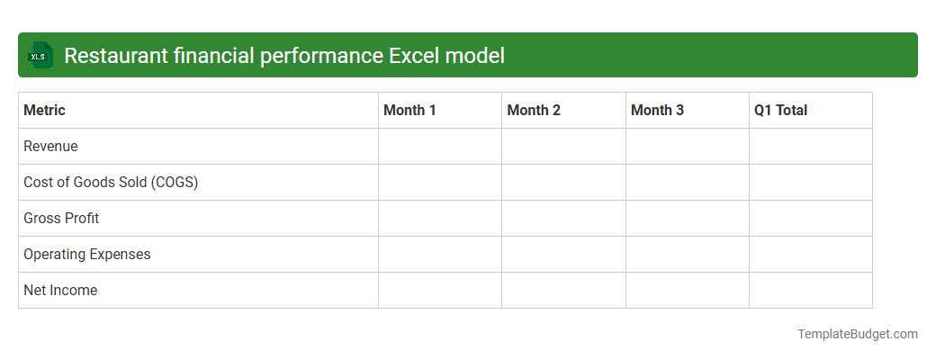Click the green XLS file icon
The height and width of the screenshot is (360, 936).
pyautogui.click(x=40, y=56)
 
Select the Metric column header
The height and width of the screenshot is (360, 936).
pyautogui.click(x=44, y=111)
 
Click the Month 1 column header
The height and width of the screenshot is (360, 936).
pyautogui.click(x=409, y=111)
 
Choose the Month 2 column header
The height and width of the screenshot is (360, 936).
pyautogui.click(x=534, y=111)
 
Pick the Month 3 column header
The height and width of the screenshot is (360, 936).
pyautogui.click(x=657, y=111)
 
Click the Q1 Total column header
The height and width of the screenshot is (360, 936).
pyautogui.click(x=781, y=111)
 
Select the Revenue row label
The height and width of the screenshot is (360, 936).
pyautogui.click(x=50, y=147)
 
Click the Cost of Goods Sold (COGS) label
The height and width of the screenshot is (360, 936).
pyautogui.click(x=111, y=183)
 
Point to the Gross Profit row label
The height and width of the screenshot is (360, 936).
pyautogui.click(x=61, y=219)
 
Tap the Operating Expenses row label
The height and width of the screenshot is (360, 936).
pyautogui.click(x=87, y=255)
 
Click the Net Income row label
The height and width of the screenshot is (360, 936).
pyautogui.click(x=60, y=291)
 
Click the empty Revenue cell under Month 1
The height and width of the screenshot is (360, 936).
pyautogui.click(x=440, y=147)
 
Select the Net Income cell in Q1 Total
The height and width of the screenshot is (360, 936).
pyautogui.click(x=811, y=291)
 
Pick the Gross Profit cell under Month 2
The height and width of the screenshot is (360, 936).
pyautogui.click(x=563, y=219)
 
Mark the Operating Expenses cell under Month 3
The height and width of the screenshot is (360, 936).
pyautogui.click(x=688, y=255)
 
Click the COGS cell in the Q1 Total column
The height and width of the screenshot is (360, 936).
pyautogui.click(x=811, y=183)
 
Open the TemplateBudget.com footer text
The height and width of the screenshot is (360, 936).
pyautogui.click(x=857, y=334)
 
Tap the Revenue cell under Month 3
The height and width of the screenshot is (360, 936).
pyautogui.click(x=688, y=147)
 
